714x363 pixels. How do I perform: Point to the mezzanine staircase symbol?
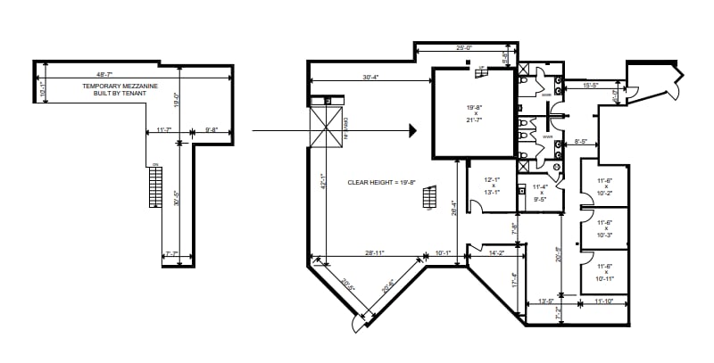[x=156, y=187]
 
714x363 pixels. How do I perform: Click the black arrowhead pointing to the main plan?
[x=412, y=131]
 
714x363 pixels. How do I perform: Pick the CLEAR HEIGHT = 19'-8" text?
[x=382, y=182]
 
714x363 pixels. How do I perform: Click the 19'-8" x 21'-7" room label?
[x=475, y=113]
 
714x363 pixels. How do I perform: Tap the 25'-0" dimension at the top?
[x=463, y=48]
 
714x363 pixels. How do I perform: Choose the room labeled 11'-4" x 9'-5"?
[x=539, y=193]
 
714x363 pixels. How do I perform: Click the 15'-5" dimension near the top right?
[x=590, y=86]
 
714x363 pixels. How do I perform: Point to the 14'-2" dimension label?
[x=497, y=253]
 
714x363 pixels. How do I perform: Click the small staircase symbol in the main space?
[x=429, y=198]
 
